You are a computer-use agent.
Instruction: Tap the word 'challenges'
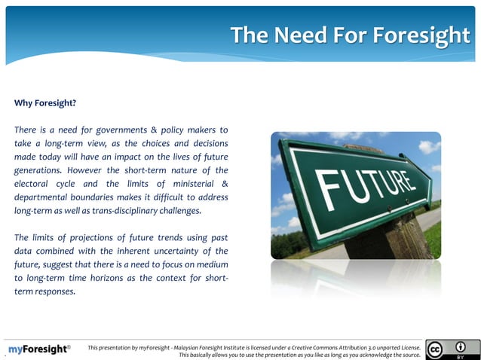click(x=176, y=210)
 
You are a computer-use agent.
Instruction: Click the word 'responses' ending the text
click(x=54, y=291)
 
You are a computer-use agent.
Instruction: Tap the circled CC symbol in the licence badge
click(x=435, y=349)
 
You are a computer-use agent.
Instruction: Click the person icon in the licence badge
click(x=460, y=346)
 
